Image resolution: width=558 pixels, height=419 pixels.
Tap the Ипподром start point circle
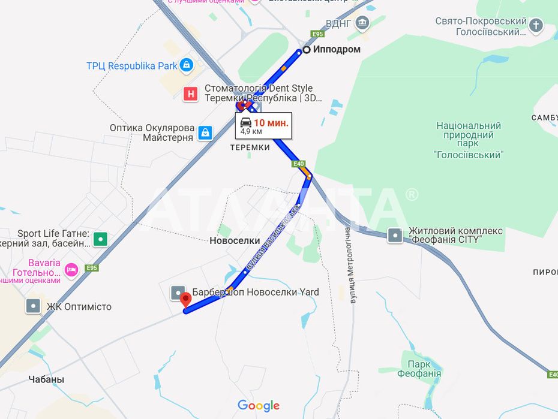tap(306, 50)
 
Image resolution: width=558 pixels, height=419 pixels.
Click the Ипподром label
tap(337, 50)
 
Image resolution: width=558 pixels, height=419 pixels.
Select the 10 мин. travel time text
tap(271, 122)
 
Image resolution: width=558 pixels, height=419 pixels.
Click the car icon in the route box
tap(246, 122)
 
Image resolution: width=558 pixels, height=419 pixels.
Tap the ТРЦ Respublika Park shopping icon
tap(187, 65)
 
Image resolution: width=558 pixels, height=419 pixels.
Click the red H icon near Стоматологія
tap(191, 94)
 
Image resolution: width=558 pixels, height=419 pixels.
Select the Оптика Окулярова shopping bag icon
tap(205, 132)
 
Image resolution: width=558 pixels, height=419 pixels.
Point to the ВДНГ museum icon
tap(362, 24)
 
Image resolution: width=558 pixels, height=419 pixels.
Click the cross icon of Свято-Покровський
tap(536, 26)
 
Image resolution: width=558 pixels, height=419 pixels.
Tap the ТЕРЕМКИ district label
tap(250, 147)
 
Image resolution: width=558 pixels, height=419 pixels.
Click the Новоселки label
tap(235, 240)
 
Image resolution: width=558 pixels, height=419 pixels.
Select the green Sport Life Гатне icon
tap(100, 239)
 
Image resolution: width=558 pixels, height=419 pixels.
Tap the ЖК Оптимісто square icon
tap(33, 306)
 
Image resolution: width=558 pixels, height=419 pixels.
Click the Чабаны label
tap(46, 379)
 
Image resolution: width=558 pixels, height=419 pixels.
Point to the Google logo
tap(259, 406)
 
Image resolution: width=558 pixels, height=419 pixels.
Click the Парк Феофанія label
tap(419, 369)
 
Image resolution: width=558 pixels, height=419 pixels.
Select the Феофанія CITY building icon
tap(395, 236)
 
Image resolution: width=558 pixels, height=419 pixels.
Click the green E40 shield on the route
tap(299, 164)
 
